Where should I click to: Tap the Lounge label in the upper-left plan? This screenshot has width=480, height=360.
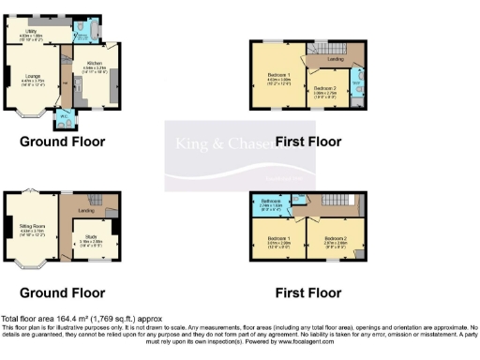[31, 79]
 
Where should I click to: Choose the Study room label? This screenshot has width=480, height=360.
[91, 239]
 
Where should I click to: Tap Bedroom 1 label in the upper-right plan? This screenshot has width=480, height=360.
[278, 78]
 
